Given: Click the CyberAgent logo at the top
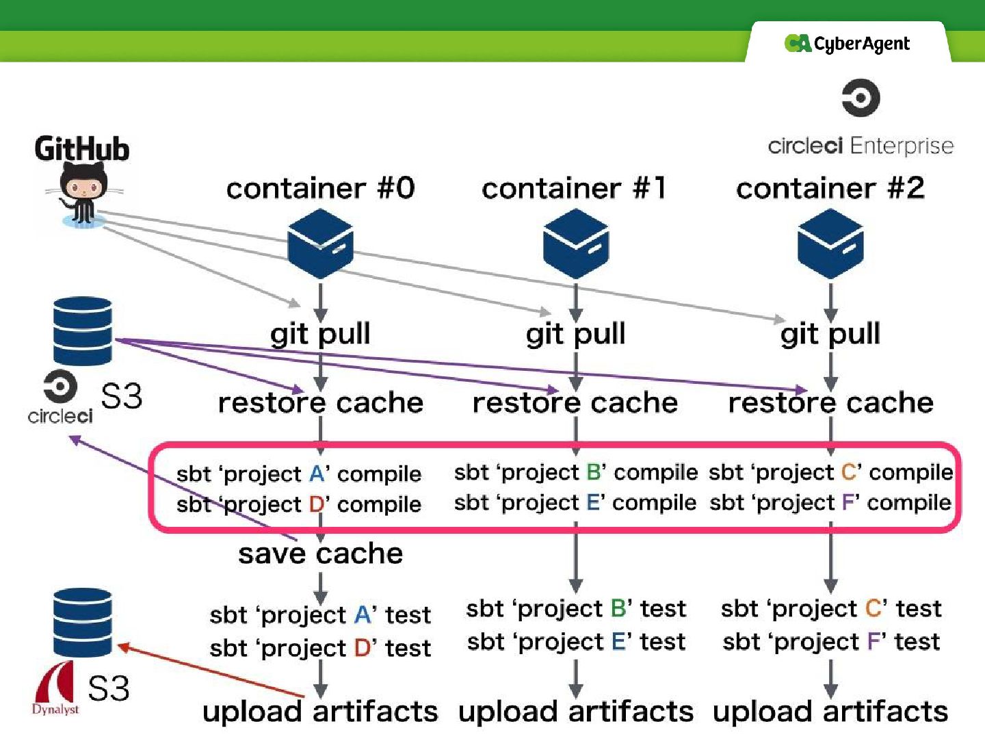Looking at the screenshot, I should tap(847, 44).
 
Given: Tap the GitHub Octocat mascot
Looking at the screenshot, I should tap(83, 192).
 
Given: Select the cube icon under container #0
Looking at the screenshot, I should tap(320, 244).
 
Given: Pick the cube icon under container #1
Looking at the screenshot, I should tap(575, 244).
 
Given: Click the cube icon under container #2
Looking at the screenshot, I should tap(830, 244).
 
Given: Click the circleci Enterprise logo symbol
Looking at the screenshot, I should tap(861, 98).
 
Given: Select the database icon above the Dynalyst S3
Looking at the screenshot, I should tap(82, 622).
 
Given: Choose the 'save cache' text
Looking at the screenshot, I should tap(320, 553).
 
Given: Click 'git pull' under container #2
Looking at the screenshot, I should tap(830, 334).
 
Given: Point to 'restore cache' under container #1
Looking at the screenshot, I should tap(575, 402).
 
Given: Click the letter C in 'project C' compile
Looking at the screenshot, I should tap(850, 472).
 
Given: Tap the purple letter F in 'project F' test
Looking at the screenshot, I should tap(874, 642).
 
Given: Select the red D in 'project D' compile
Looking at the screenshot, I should tap(317, 504).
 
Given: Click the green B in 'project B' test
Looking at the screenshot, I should tap(618, 608).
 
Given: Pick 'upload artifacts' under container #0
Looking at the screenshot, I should tap(320, 712).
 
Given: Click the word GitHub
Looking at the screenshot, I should tap(82, 149).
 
